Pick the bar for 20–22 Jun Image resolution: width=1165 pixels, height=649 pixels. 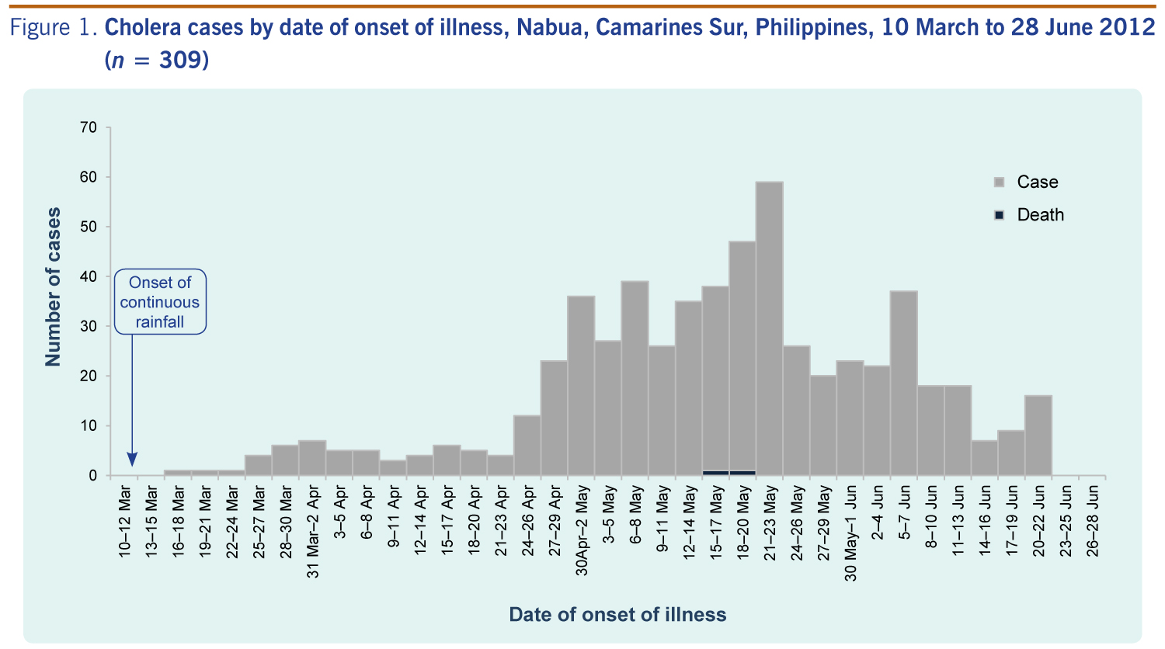1038,436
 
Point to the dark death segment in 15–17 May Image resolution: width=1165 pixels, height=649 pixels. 715,472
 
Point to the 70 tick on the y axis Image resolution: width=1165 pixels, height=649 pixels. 88,127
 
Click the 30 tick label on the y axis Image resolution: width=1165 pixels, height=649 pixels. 88,326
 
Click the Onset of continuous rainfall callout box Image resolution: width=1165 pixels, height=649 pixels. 160,302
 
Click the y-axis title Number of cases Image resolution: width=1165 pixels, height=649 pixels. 53,286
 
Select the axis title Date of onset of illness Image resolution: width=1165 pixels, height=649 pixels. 617,615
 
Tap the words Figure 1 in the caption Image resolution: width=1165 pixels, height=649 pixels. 53,28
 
